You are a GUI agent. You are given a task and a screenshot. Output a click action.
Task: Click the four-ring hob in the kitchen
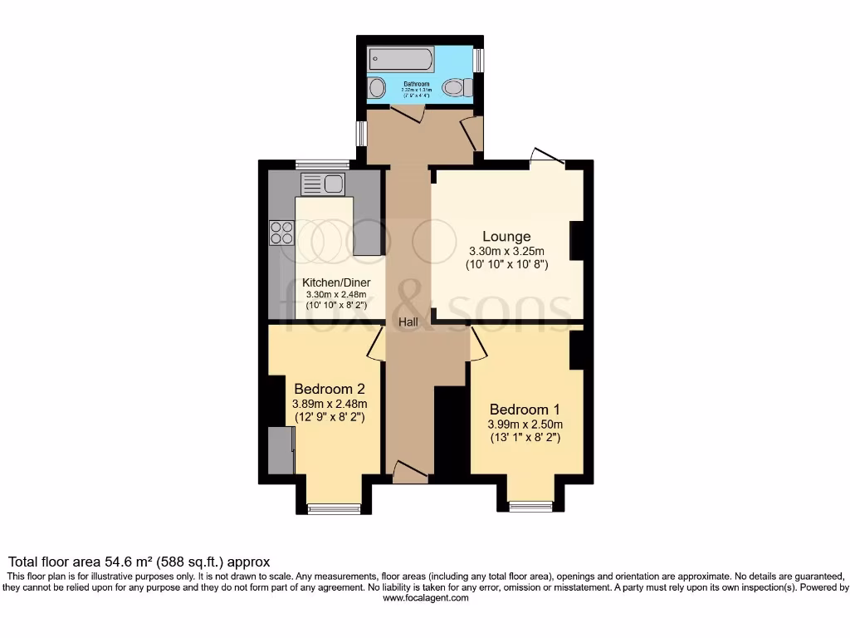tap(281, 233)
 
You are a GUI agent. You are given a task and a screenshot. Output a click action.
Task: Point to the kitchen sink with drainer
tap(323, 184)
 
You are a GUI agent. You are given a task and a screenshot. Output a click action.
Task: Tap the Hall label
tap(407, 321)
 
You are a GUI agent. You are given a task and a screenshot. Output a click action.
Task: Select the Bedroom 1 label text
tap(525, 409)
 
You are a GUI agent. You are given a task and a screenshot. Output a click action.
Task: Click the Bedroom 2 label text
tap(330, 388)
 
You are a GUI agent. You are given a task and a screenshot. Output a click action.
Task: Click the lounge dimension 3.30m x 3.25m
tap(506, 252)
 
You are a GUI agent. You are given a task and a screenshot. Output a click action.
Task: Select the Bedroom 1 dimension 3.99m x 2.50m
tap(525, 423)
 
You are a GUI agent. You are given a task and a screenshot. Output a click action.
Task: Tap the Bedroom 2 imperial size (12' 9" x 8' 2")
tap(330, 417)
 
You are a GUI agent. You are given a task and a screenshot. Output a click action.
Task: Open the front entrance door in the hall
tap(409, 473)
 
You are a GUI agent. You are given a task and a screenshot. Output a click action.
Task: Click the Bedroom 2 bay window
tap(334, 508)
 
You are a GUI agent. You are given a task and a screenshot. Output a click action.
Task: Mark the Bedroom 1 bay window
tap(531, 506)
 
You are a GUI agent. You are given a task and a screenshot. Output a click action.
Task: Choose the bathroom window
tap(478, 60)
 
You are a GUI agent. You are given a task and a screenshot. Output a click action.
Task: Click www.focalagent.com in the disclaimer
tap(425, 597)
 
